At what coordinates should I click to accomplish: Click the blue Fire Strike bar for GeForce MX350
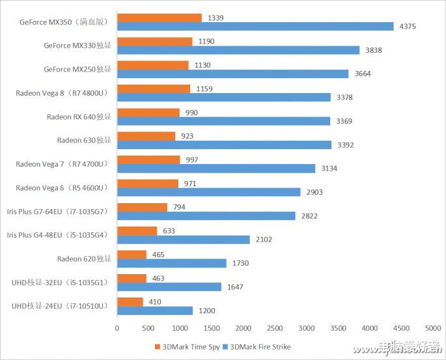255,26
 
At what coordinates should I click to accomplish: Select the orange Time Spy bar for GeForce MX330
154,41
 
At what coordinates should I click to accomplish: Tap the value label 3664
363,74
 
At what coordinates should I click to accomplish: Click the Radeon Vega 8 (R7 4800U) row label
62,93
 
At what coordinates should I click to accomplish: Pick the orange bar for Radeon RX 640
148,113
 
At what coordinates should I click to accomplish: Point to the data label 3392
346,145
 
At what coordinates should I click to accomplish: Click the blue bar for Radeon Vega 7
216,169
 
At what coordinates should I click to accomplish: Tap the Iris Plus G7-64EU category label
57,212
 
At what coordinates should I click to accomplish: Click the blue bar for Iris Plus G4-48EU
183,240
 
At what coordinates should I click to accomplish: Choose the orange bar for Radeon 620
132,255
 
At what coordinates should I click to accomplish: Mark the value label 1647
235,287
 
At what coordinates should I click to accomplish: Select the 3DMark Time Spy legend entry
186,346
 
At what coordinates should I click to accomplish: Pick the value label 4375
408,26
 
